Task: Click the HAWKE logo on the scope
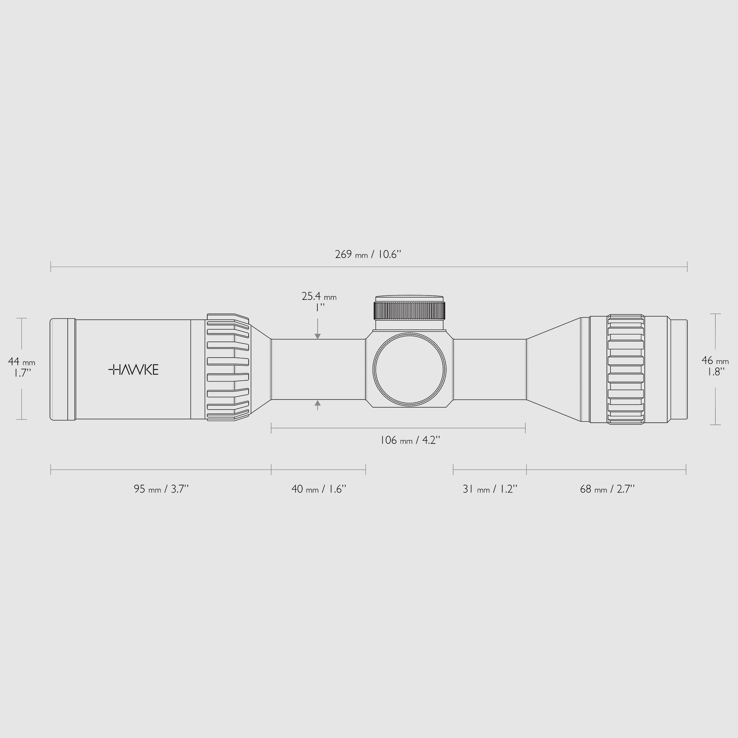pos(133,370)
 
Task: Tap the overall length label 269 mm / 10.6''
pos(368,254)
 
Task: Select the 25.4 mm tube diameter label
pos(319,297)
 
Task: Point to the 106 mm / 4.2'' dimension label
pos(410,440)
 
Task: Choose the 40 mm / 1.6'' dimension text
pos(319,489)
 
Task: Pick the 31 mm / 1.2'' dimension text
pos(490,489)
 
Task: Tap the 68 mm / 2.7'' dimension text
pos(607,489)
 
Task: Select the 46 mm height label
pos(715,361)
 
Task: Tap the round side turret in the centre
pos(410,369)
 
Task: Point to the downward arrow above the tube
pos(317,336)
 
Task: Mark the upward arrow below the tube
pos(317,403)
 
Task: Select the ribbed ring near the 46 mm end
pos(626,369)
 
